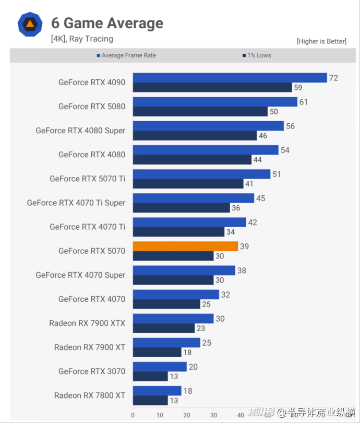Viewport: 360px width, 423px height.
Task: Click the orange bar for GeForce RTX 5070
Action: click(x=185, y=246)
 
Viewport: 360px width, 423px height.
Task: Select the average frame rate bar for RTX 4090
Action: click(x=230, y=78)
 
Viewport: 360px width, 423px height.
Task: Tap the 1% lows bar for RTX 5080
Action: click(x=200, y=111)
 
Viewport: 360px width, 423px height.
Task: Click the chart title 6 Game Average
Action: click(x=107, y=23)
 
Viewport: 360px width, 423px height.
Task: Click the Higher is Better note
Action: click(x=321, y=41)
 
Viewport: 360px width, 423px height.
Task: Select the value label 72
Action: click(x=333, y=78)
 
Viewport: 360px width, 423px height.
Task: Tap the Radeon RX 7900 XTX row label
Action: click(x=87, y=323)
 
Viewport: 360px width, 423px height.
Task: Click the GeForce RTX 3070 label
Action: click(x=92, y=371)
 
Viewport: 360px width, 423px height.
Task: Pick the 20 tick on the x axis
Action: click(x=187, y=415)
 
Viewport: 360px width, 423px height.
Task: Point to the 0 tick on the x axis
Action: click(x=133, y=415)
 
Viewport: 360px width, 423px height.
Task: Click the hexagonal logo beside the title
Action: click(x=29, y=24)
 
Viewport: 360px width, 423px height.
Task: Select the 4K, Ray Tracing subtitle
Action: click(x=82, y=39)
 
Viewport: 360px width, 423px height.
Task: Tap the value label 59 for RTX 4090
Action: click(x=298, y=88)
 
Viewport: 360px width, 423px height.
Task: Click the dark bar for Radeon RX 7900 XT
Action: click(x=157, y=352)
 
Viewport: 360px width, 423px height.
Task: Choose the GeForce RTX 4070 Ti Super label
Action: click(x=76, y=203)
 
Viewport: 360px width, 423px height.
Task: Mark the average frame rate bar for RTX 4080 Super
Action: click(x=208, y=126)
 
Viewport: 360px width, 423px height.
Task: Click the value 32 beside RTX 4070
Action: click(x=225, y=295)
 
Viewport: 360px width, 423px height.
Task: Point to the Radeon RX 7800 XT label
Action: click(x=90, y=395)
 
